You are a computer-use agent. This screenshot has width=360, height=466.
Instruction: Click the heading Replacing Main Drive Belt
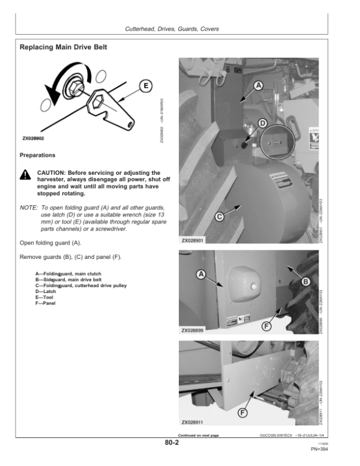tap(64, 46)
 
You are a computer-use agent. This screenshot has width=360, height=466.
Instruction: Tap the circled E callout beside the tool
tap(144, 86)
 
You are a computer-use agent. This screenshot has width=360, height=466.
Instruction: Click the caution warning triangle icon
tap(25, 174)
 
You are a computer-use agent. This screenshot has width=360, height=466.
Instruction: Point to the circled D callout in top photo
tap(262, 123)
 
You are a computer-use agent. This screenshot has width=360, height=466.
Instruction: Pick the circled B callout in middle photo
tap(305, 280)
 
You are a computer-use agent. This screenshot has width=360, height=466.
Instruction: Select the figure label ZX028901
tap(193, 241)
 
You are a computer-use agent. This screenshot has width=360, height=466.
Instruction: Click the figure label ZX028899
tap(193, 330)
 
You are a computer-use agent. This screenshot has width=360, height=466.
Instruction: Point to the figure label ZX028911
tap(193, 423)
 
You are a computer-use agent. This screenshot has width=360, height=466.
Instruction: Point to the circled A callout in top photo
tap(259, 85)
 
